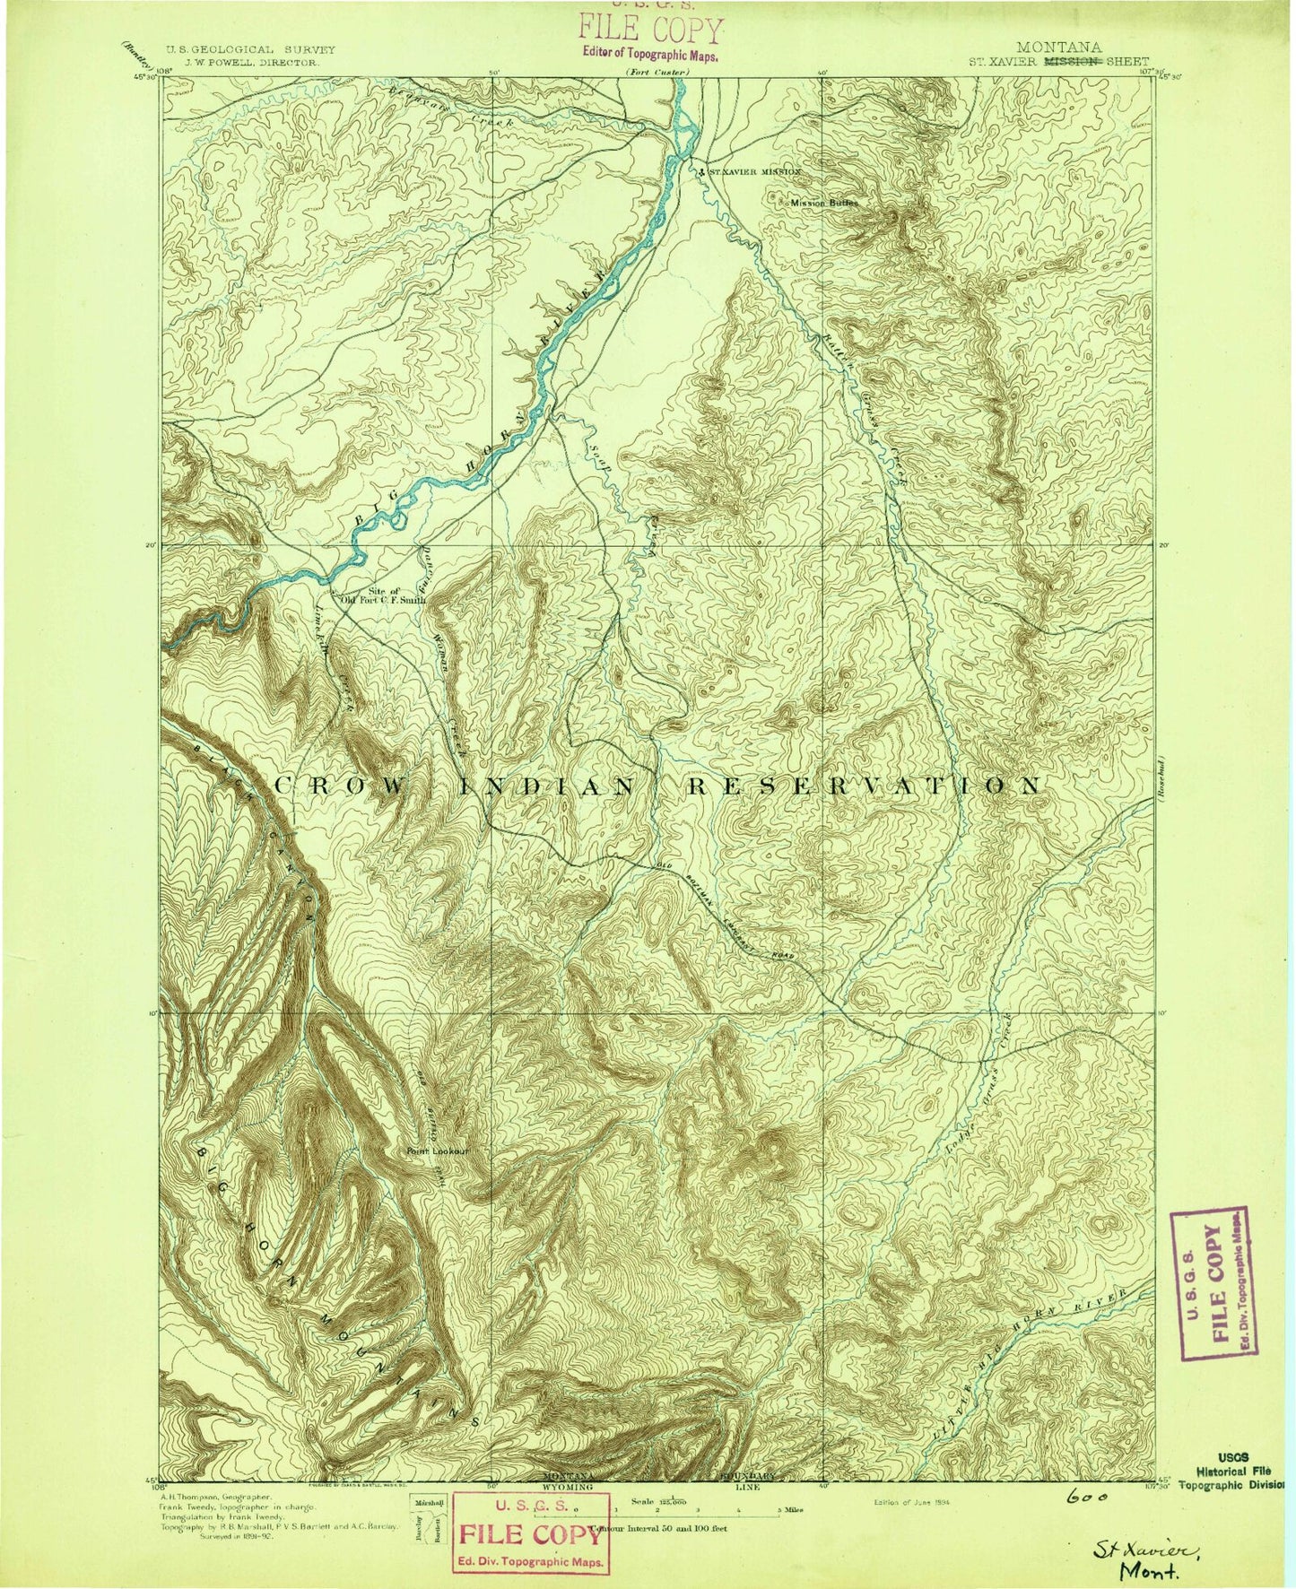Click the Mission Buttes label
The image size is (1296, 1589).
(x=822, y=203)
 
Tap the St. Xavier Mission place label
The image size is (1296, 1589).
(x=750, y=170)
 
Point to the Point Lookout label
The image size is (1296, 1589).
(x=438, y=1151)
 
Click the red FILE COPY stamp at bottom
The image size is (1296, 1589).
(x=530, y=1533)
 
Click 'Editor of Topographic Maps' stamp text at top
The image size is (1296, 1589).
(x=650, y=53)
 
